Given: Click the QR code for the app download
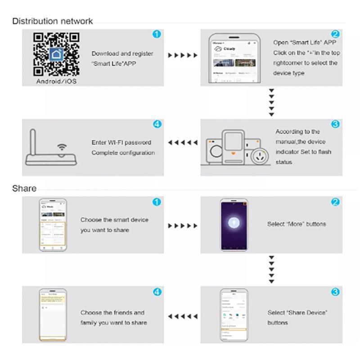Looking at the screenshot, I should click(x=57, y=54).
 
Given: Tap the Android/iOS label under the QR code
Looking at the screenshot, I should click(x=57, y=81).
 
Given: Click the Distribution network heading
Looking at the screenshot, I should click(x=52, y=21).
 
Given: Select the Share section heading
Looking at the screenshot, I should click(x=24, y=188).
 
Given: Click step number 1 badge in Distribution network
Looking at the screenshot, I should click(x=157, y=35).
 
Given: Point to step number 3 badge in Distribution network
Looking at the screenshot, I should click(x=335, y=124).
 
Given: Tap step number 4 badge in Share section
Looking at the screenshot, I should click(x=157, y=292).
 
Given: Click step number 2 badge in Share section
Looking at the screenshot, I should click(x=335, y=202).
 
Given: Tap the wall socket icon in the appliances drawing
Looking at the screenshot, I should click(x=261, y=155).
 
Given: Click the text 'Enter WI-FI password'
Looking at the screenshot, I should click(x=121, y=143).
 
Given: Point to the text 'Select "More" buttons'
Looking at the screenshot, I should click(x=296, y=224).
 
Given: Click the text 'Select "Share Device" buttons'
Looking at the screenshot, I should click(x=297, y=317).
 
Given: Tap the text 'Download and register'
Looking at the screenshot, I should click(x=122, y=54).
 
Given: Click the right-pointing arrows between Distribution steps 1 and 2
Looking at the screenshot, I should click(x=182, y=55).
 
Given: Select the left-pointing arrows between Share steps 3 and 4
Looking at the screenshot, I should click(x=182, y=317).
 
